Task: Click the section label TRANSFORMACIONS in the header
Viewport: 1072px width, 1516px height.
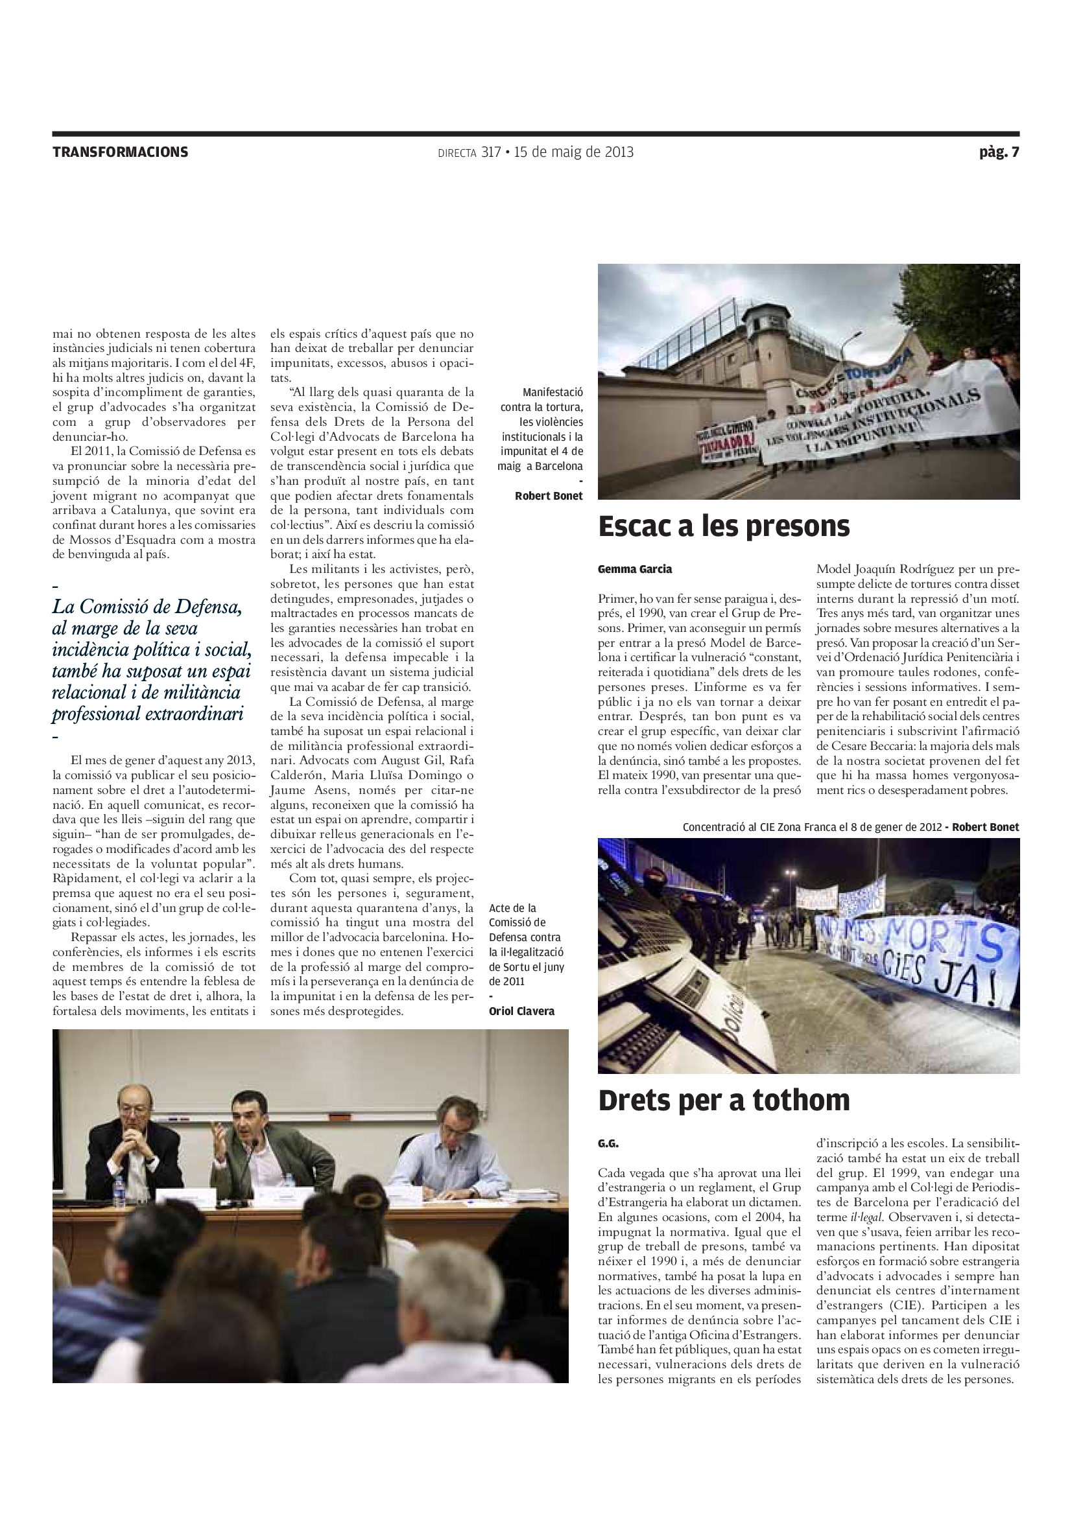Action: (x=120, y=152)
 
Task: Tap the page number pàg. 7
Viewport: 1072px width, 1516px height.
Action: (x=999, y=152)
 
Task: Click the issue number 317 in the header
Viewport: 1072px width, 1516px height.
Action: (x=491, y=152)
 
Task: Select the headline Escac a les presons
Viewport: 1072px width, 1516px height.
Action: (x=724, y=526)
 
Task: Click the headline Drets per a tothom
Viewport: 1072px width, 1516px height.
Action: (x=724, y=1101)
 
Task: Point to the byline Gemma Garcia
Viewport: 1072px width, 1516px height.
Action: (x=635, y=569)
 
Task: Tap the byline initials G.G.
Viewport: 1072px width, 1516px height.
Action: (x=608, y=1143)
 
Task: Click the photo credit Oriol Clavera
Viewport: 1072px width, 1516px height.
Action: (x=522, y=1011)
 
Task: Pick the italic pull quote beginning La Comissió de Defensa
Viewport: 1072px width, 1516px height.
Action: (x=152, y=660)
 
